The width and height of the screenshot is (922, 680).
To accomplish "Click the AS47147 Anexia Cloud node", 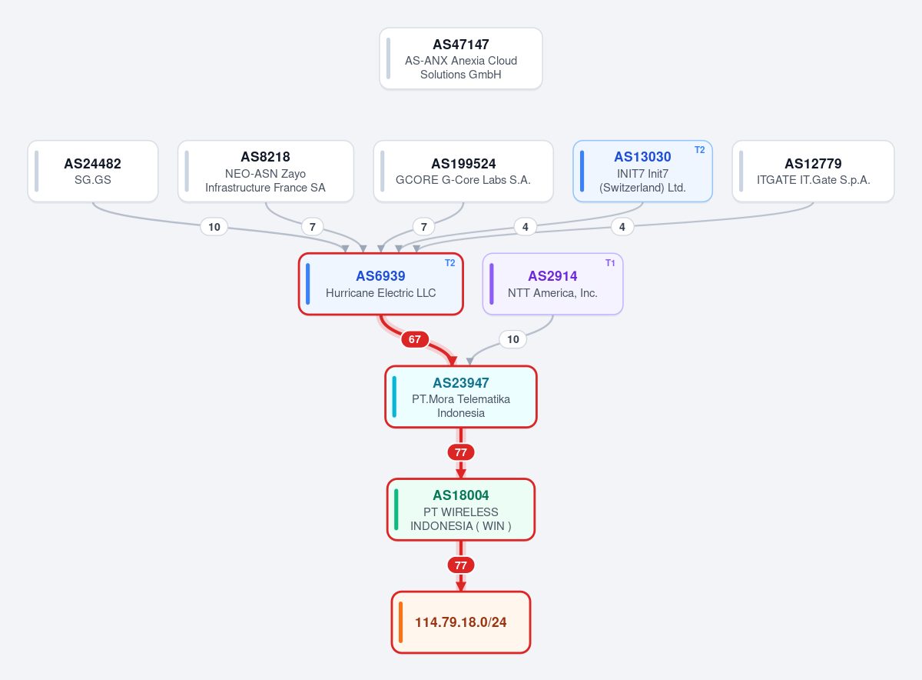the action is click(460, 58).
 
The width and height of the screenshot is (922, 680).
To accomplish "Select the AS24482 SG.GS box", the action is click(93, 172).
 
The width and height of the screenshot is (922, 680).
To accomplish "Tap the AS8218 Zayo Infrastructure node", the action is click(266, 172).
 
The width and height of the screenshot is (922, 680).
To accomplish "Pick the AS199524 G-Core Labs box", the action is click(463, 172).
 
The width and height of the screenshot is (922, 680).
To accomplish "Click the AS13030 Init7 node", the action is click(642, 172).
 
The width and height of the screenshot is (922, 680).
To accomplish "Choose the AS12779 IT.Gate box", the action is click(813, 172).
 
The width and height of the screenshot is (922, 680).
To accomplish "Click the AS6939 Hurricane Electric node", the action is click(381, 284).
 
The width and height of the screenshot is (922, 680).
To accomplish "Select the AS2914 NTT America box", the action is click(552, 284).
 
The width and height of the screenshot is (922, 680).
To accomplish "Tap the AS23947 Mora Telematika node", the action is click(460, 397).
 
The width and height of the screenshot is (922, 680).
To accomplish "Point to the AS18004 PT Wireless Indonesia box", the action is click(460, 509).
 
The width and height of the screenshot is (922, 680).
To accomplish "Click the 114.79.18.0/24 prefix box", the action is click(460, 622).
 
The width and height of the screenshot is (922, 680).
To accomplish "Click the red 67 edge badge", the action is click(414, 339).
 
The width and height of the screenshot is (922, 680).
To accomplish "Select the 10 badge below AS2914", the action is click(513, 339).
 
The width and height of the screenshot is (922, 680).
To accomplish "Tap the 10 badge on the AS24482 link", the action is click(214, 227).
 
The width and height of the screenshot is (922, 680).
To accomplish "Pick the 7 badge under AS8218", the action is click(313, 227).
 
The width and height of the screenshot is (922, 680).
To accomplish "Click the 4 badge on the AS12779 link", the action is click(622, 227).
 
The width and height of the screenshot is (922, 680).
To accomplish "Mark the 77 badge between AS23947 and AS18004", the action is click(460, 452).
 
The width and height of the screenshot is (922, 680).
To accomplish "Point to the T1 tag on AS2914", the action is click(610, 263).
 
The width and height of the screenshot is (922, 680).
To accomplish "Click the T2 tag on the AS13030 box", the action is click(699, 150).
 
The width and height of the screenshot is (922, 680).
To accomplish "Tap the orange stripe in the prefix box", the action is click(400, 622).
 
